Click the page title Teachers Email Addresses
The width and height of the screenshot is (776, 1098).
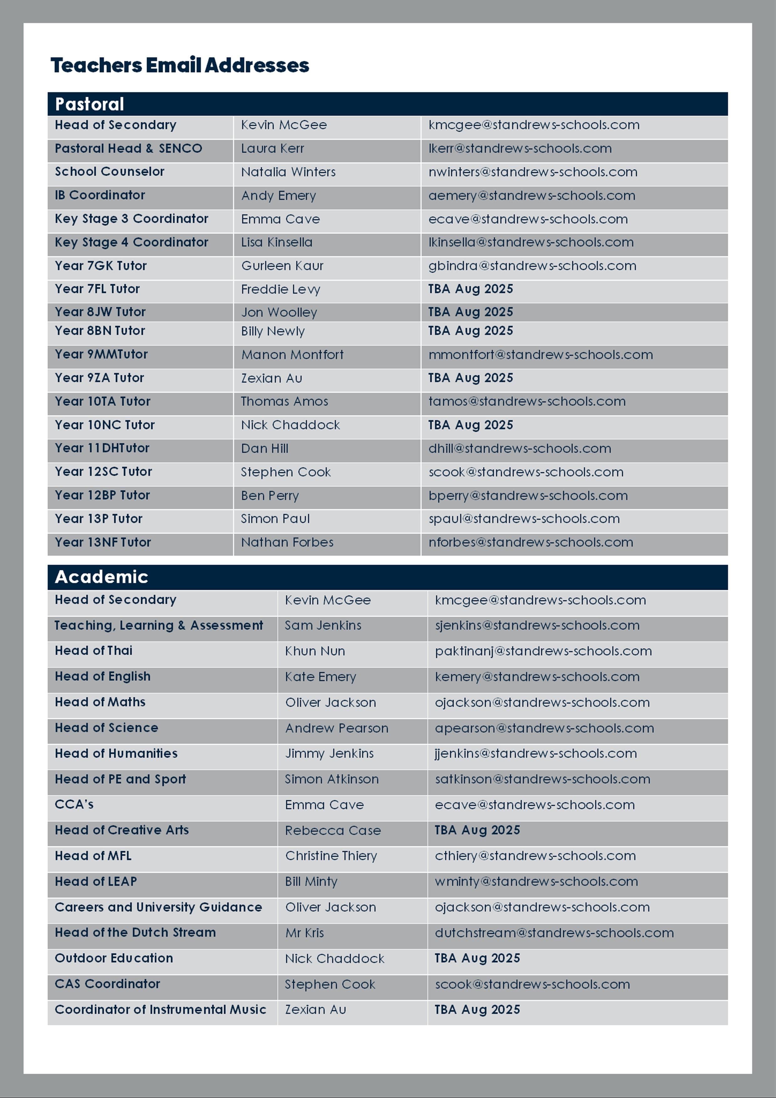coord(180,65)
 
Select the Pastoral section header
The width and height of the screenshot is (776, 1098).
coord(89,104)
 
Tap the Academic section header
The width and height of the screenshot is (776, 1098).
coord(101,577)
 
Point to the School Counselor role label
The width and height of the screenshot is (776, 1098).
coord(110,172)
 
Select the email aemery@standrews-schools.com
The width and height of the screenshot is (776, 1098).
coord(532,196)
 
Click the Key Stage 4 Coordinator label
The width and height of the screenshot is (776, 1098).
coord(131,243)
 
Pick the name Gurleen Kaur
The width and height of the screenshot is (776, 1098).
coord(282,266)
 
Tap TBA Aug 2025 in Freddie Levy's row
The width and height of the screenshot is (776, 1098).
coord(471,289)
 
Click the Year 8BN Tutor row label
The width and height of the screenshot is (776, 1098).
coord(100,331)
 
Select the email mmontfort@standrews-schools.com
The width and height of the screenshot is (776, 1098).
coord(540,355)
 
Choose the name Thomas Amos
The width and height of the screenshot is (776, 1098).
coord(284,401)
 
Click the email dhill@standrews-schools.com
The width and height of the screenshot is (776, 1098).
coord(520,449)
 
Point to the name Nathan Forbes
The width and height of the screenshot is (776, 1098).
coord(287,542)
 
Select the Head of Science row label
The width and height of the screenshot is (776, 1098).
coord(106,728)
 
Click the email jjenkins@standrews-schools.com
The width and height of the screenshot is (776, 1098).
coord(535,754)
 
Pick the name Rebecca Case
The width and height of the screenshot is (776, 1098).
coord(333,831)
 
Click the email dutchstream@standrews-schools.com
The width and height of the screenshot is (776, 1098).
coord(554,933)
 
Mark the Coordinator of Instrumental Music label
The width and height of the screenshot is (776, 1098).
coord(160,1009)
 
